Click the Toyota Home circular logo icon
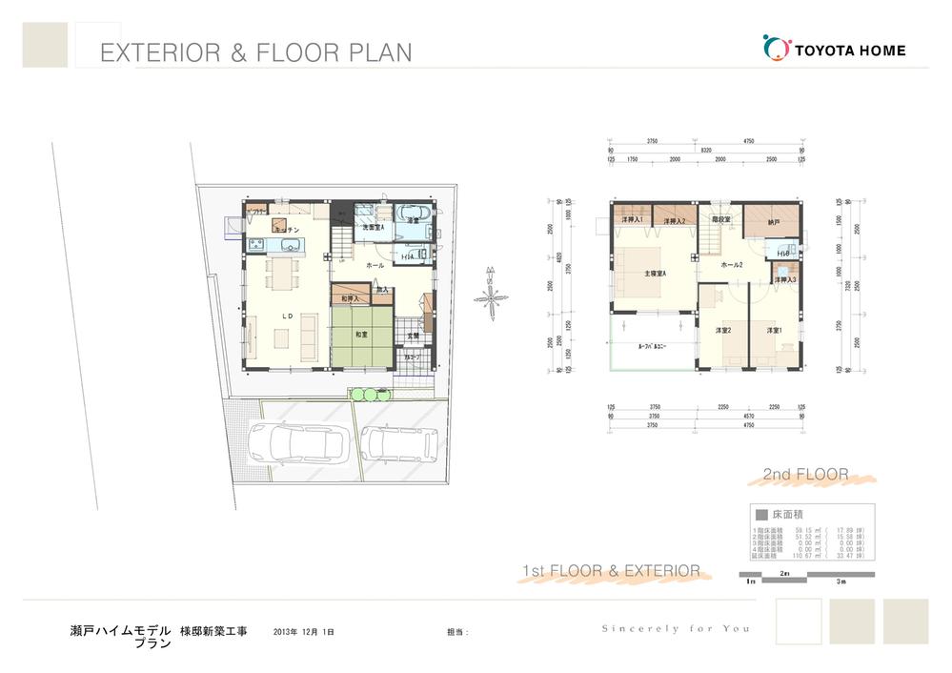pos(778,49)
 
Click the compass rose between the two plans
pos(489,297)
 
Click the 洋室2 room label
pos(722,331)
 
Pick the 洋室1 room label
pos(774,331)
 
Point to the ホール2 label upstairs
pos(732,264)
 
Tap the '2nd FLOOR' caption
pos(805,474)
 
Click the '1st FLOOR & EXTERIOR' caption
pos(611,571)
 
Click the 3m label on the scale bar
pos(841,581)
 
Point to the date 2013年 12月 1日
pos(303,632)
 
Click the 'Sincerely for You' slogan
pos(675,628)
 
